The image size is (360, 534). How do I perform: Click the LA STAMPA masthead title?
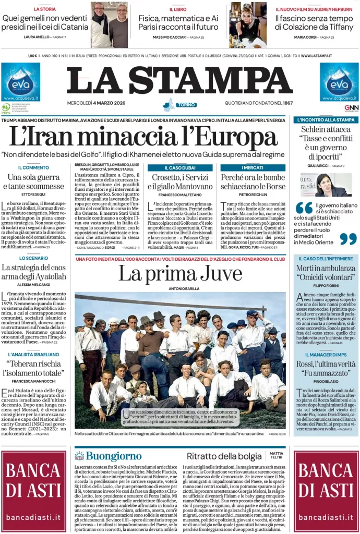(179, 80)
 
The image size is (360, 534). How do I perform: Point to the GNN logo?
(351, 108)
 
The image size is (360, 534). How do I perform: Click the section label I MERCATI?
(253, 168)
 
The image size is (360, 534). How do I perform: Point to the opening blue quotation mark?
(304, 208)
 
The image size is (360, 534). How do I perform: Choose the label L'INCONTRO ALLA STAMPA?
(326, 120)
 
